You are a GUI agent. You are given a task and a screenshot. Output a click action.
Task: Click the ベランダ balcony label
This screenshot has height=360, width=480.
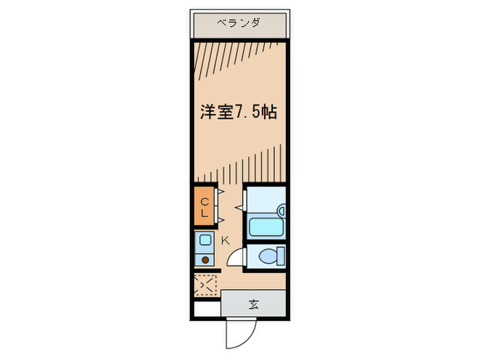238,23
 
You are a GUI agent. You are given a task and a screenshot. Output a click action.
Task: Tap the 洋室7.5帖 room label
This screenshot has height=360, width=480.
238,112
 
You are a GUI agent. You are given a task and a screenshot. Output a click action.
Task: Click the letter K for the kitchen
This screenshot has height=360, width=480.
225,240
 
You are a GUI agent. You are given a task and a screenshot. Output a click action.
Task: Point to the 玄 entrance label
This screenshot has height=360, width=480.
253,304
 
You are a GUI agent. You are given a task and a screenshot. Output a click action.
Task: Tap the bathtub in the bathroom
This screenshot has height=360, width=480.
264,226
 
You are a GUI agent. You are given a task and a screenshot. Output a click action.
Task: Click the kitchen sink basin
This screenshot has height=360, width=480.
205,241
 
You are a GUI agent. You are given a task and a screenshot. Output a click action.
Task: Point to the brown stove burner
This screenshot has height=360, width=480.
205,260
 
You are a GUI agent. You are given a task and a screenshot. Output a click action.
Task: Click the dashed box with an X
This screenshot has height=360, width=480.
205,284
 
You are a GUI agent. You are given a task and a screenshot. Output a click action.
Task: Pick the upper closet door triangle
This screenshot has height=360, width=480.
221,193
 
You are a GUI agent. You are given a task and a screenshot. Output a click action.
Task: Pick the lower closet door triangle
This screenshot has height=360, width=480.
221,219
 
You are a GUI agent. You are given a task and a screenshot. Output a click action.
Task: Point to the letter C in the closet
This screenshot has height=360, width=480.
204,202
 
